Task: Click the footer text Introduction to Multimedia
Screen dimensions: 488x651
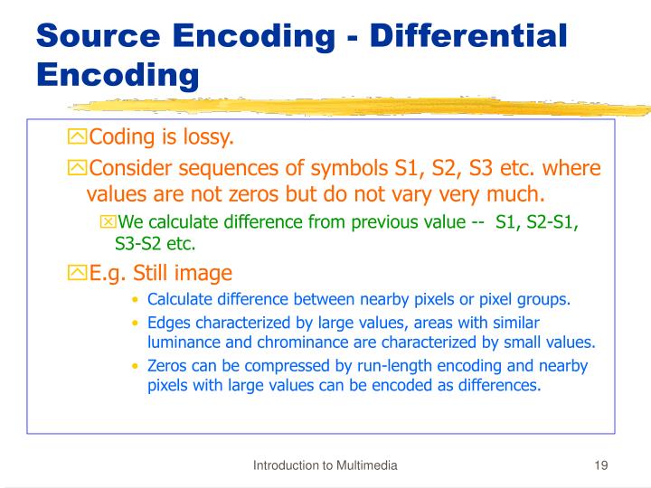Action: tap(325, 465)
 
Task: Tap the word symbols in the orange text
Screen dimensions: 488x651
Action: tap(331, 169)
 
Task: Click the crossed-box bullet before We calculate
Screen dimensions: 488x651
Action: tap(108, 222)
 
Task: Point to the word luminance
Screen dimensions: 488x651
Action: tap(183, 342)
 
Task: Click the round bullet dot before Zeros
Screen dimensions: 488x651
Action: tap(136, 367)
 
